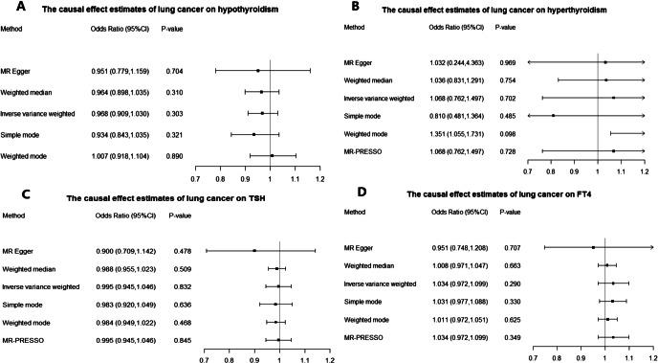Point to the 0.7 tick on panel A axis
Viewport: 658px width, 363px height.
click(195, 179)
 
